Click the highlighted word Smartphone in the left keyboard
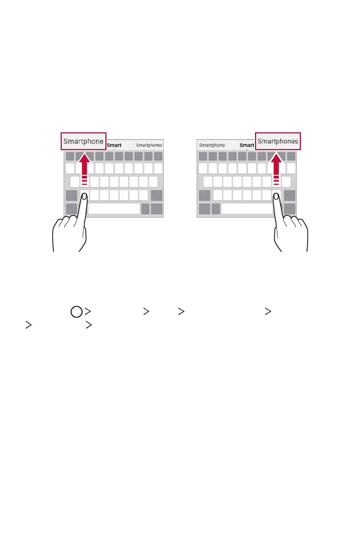click(x=83, y=141)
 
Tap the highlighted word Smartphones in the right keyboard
click(x=278, y=141)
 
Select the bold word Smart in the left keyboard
click(x=114, y=145)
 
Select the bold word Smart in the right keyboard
click(x=247, y=145)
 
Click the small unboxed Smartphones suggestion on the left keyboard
click(x=149, y=145)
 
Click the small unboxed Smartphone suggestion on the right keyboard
click(x=212, y=145)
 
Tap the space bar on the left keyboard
click(x=114, y=209)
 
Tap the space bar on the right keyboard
click(x=247, y=209)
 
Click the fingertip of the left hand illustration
click(x=85, y=196)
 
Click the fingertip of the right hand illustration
click(x=276, y=196)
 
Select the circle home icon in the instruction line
click(x=77, y=312)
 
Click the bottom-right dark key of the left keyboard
click(x=157, y=209)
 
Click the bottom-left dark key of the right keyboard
click(x=204, y=209)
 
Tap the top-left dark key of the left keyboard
click(x=70, y=157)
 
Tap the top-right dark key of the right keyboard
click(x=291, y=157)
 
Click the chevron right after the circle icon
click(x=88, y=312)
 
